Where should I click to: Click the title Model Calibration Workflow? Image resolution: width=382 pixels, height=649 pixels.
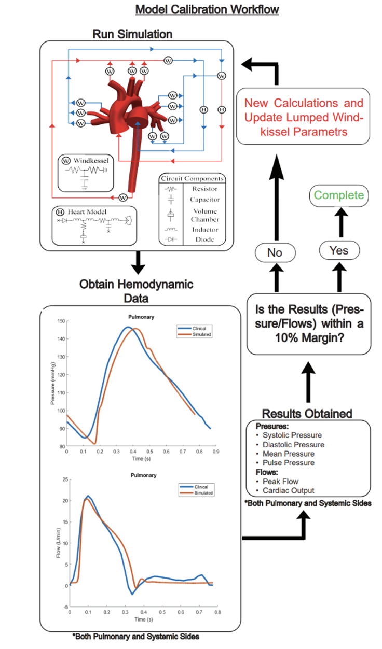207,9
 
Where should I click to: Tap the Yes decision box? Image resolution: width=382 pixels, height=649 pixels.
339,250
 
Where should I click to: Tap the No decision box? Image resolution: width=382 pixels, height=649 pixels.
275,253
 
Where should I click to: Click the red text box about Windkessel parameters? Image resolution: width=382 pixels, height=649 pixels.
303,117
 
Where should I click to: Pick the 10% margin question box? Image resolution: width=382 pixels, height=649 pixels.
309,324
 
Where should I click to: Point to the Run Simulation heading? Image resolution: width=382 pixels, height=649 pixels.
132,34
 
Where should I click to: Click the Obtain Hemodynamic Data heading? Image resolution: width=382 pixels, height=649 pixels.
137,291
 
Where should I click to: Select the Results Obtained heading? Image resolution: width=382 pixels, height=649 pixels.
307,414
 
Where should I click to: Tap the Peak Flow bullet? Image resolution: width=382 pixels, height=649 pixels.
282,482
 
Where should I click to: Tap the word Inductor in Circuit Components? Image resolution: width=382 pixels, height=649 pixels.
206,230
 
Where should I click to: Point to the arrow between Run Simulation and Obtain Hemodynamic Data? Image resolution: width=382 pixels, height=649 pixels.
138,262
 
